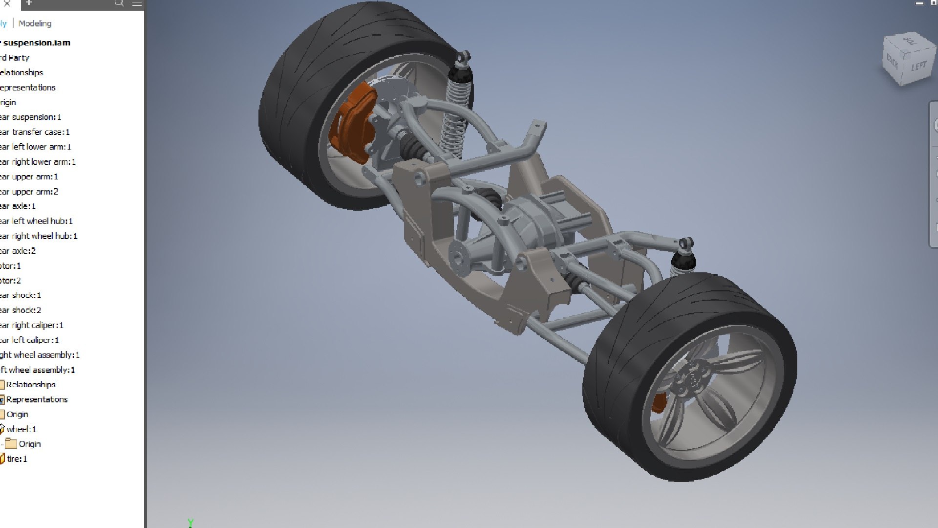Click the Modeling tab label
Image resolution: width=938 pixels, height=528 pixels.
tap(35, 23)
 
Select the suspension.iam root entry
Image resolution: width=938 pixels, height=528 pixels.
tap(36, 43)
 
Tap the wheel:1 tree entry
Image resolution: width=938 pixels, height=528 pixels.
tap(21, 429)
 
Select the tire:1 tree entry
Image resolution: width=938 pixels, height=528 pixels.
tap(17, 459)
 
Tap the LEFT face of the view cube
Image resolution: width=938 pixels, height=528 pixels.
tap(918, 66)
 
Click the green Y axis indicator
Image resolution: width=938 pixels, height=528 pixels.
tap(191, 522)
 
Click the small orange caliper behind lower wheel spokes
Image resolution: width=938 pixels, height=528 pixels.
tap(658, 402)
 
